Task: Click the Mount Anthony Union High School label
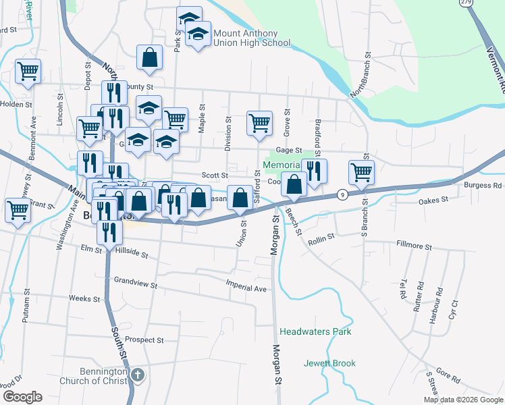click(251, 38)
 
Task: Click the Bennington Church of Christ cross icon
click(137, 375)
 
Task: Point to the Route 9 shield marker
click(343, 194)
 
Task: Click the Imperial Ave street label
click(246, 288)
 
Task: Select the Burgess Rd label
click(483, 186)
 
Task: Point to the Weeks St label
click(84, 298)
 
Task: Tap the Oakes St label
click(433, 200)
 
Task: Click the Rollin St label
click(321, 238)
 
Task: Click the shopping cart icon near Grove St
click(259, 123)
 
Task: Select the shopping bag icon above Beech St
click(294, 184)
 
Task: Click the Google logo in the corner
click(22, 397)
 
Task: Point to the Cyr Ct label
click(454, 310)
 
